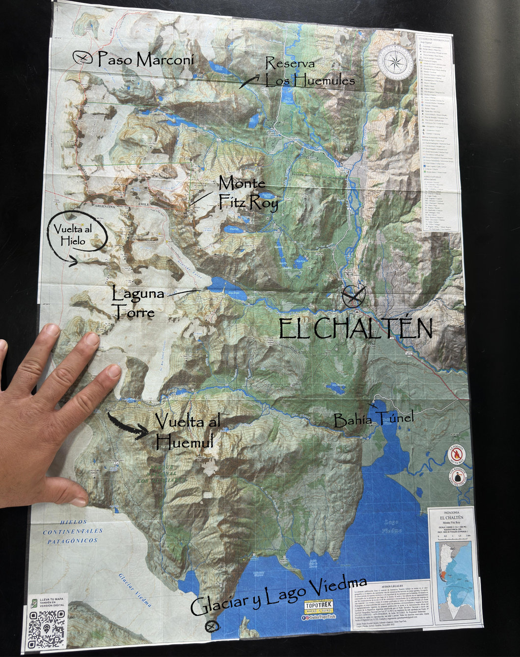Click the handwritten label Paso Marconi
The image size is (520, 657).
(x=146, y=60)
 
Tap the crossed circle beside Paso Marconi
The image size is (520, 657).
(x=82, y=58)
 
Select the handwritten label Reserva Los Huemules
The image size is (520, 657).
(x=309, y=72)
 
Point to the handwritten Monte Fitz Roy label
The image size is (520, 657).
(x=248, y=192)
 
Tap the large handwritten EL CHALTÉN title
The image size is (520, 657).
(x=356, y=328)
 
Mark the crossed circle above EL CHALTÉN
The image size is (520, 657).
(x=354, y=296)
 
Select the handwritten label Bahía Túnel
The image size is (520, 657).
(x=373, y=419)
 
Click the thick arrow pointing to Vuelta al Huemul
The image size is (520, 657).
(x=129, y=426)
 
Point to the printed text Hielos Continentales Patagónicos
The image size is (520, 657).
(x=72, y=531)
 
